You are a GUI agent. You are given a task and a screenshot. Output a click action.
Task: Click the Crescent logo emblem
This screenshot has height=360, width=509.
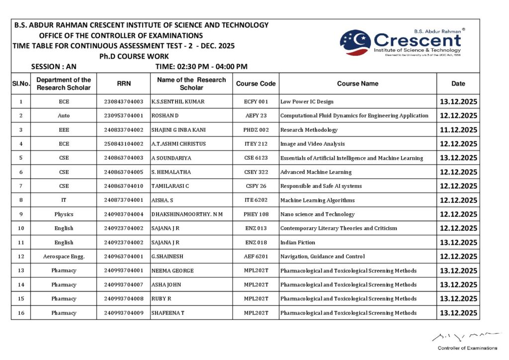click(355, 42)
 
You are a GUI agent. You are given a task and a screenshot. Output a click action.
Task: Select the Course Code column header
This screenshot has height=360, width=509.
click(255, 84)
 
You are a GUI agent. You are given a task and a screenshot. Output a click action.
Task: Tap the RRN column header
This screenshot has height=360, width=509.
click(124, 84)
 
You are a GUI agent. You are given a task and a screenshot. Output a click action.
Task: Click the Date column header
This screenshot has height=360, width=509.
click(458, 84)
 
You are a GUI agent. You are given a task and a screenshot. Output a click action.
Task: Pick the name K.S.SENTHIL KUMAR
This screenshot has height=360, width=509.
click(177, 101)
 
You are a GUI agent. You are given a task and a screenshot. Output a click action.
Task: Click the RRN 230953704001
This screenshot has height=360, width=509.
click(124, 115)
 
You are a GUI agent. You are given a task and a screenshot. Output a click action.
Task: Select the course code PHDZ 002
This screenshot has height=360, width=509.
click(256, 130)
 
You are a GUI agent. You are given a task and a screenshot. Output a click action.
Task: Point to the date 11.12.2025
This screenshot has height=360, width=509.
click(458, 130)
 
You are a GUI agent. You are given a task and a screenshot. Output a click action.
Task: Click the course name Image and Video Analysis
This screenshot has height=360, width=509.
click(312, 144)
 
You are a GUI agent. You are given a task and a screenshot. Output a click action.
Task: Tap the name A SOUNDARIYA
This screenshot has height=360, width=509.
click(171, 158)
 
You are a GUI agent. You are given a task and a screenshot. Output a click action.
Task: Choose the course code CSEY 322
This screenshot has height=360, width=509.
click(256, 172)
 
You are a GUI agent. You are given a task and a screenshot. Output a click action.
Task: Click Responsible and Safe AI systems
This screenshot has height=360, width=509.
click(321, 186)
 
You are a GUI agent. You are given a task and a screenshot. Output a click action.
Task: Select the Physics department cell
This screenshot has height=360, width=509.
click(64, 214)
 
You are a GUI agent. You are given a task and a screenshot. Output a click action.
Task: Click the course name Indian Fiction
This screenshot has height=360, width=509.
click(297, 243)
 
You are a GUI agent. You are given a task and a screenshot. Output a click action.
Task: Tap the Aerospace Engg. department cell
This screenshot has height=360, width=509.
click(64, 257)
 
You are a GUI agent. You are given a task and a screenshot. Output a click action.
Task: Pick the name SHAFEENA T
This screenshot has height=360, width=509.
click(168, 313)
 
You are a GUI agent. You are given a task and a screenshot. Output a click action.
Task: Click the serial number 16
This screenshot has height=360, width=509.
click(21, 313)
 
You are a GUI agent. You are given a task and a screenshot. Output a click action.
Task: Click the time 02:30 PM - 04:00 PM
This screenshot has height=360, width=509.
click(201, 67)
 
